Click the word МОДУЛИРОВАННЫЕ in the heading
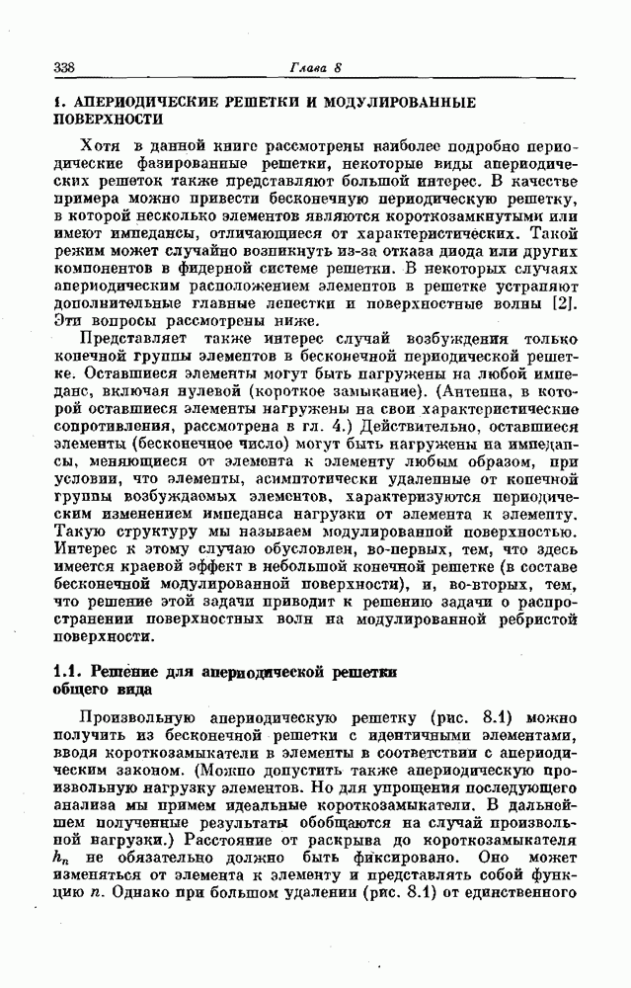click(x=409, y=102)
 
